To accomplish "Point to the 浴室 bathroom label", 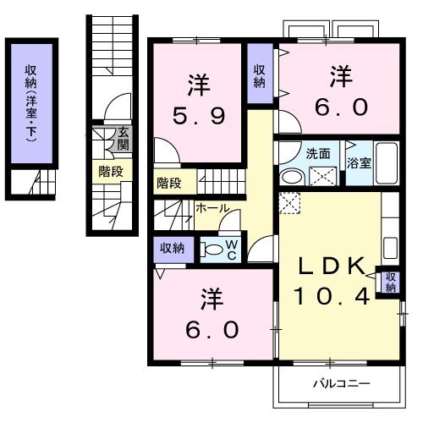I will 358,162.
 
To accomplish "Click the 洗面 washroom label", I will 318,154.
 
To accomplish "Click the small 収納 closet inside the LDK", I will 390,282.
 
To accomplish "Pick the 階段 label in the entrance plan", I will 111,171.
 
